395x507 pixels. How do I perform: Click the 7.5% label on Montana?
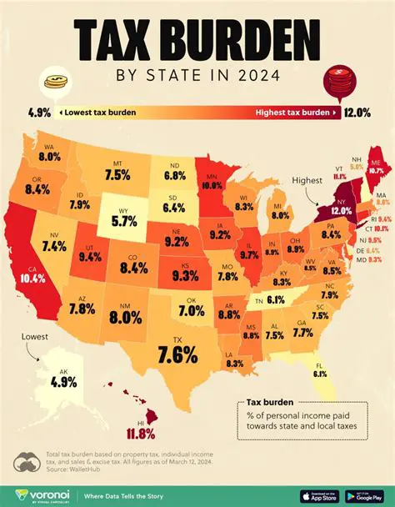coord(118,174)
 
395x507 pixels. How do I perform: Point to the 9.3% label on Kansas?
coord(185,274)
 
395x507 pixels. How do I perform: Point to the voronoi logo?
coord(43,491)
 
